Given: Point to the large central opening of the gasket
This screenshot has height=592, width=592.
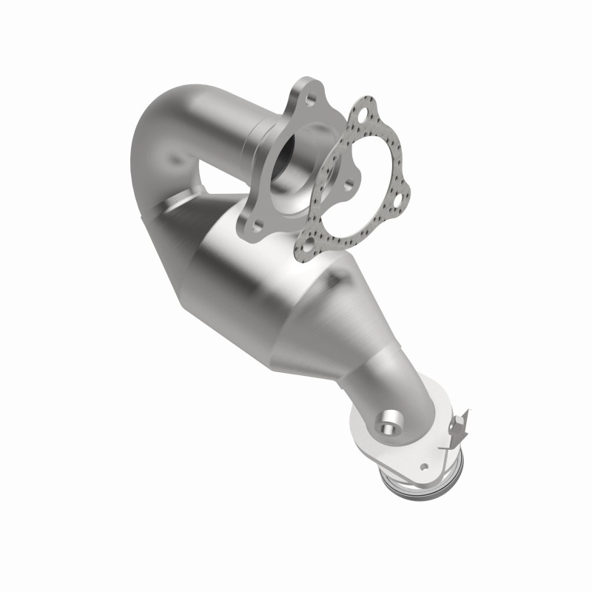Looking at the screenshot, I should (x=355, y=178).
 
